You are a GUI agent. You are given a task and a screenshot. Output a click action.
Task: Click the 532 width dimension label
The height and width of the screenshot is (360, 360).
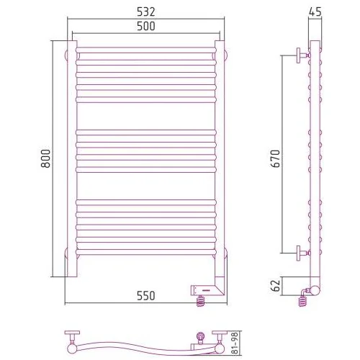pyautogui.click(x=146, y=12)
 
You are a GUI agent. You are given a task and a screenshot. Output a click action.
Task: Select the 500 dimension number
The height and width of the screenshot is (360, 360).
pyautogui.click(x=146, y=26)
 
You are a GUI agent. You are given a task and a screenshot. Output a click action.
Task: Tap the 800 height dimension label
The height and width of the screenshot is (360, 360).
pyautogui.click(x=46, y=158)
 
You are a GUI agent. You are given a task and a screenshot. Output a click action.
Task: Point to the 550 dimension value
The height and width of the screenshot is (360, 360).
pyautogui.click(x=146, y=296)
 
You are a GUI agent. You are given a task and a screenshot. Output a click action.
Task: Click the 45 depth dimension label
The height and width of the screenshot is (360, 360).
pyautogui.click(x=315, y=12)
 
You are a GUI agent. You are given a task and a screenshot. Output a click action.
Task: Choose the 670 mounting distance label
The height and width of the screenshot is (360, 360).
pyautogui.click(x=275, y=158)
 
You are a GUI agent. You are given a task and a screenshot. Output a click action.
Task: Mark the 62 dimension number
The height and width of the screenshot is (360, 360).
pyautogui.click(x=276, y=285)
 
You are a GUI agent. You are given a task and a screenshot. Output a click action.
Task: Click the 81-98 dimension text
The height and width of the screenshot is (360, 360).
pyautogui.click(x=235, y=343)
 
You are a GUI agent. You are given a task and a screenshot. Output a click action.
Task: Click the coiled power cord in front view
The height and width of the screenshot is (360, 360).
pyautogui.click(x=201, y=301)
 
